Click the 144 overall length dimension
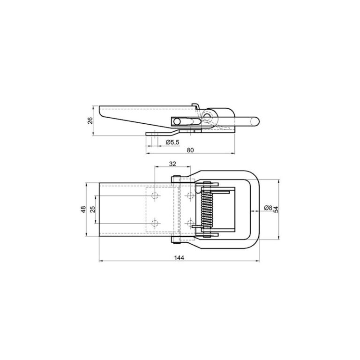click(x=179, y=258)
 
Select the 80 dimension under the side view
click(x=190, y=150)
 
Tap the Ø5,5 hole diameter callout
click(x=172, y=142)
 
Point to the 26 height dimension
click(x=90, y=120)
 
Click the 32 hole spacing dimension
click(x=172, y=164)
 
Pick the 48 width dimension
click(x=83, y=209)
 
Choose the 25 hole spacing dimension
click(x=92, y=209)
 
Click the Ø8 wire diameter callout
click(x=268, y=208)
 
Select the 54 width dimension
click(x=276, y=210)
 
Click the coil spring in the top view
click(x=207, y=209)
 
